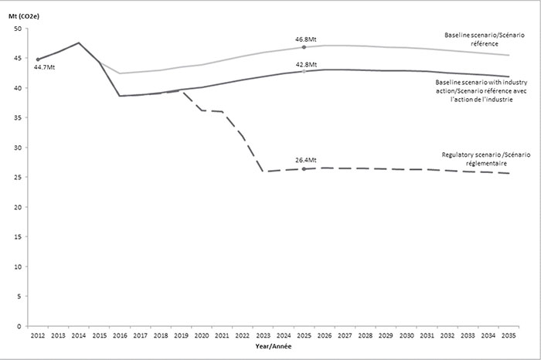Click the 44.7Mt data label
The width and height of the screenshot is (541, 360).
(x=44, y=67)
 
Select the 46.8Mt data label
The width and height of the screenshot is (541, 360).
(x=306, y=39)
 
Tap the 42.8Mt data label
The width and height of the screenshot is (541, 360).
(x=306, y=64)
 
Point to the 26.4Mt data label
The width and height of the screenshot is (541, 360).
(x=306, y=160)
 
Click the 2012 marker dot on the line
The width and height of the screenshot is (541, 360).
(x=38, y=59)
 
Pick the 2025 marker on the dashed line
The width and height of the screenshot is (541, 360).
(x=304, y=169)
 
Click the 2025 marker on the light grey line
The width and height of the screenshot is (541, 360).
(x=304, y=47)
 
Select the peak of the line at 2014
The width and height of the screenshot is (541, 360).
(x=79, y=42)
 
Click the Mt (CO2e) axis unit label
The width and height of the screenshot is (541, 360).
(x=24, y=16)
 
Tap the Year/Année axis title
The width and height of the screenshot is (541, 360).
(x=274, y=346)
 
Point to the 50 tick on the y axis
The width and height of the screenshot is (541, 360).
(x=18, y=29)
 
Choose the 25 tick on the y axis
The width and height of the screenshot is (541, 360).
(x=18, y=177)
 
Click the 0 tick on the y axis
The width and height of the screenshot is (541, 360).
(x=19, y=326)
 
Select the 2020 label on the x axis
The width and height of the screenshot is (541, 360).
(x=202, y=335)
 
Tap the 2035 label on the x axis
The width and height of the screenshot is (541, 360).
(x=509, y=335)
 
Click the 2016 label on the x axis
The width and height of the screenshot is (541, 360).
(x=120, y=335)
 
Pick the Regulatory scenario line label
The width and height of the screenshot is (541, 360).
(x=486, y=159)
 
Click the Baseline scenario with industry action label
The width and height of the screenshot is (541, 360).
(x=481, y=91)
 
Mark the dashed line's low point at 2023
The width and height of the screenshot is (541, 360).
(x=264, y=172)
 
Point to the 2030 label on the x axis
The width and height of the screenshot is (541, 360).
(x=407, y=335)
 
